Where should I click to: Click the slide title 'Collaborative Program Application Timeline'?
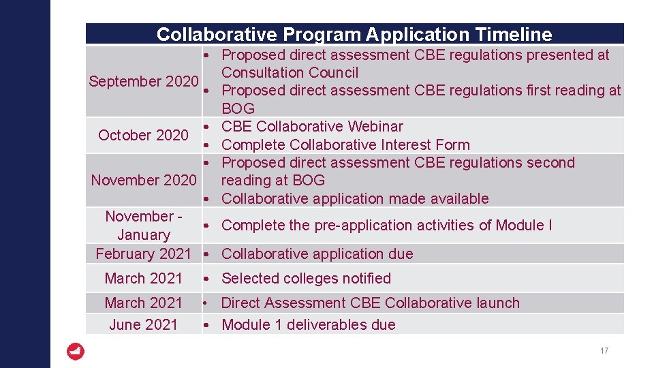point(354,34)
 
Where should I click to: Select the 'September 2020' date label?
point(143,82)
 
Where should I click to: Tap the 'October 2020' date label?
point(143,135)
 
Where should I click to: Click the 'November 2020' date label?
point(144,180)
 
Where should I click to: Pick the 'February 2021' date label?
point(144,254)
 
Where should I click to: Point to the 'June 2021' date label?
point(143,324)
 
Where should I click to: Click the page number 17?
point(604,351)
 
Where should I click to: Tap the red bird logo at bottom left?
point(76,352)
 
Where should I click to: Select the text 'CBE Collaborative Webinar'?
point(312,126)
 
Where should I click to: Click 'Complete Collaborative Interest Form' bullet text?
point(345,144)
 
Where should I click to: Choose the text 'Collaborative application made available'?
point(355,198)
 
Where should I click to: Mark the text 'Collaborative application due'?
point(317,254)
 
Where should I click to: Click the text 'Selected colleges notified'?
point(306,278)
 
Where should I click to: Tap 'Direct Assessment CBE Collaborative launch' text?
point(371,303)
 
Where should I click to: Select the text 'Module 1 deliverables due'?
point(309,324)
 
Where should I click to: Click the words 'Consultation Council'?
point(290,72)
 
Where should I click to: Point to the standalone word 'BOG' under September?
point(238,108)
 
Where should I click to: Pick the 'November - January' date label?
point(143,225)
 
